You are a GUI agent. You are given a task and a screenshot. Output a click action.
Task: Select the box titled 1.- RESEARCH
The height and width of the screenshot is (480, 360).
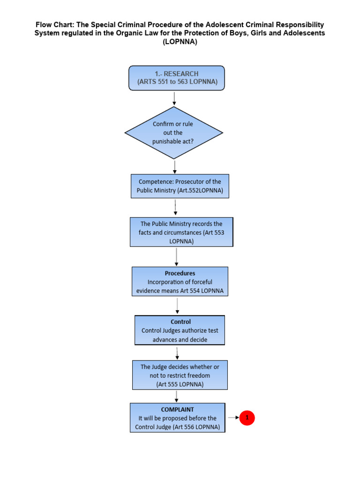click(176, 78)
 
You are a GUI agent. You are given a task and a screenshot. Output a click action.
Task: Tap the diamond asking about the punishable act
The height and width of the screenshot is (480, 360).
click(173, 132)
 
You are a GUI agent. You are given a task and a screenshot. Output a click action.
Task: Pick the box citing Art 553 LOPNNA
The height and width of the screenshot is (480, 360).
click(181, 232)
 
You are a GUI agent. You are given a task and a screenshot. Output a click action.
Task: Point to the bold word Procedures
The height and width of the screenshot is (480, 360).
click(180, 273)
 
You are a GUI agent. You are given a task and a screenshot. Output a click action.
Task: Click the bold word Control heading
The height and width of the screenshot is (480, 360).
click(180, 322)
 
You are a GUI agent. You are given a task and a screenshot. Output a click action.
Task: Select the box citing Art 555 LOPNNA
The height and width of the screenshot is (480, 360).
click(180, 375)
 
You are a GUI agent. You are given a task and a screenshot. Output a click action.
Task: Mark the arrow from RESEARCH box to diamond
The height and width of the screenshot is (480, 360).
click(174, 98)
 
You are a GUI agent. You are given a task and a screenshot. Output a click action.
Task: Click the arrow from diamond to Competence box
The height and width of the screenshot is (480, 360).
click(175, 167)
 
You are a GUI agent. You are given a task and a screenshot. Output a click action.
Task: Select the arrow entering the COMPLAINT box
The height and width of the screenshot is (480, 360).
click(176, 396)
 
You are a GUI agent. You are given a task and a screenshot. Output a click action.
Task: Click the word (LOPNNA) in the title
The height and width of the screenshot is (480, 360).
click(180, 42)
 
